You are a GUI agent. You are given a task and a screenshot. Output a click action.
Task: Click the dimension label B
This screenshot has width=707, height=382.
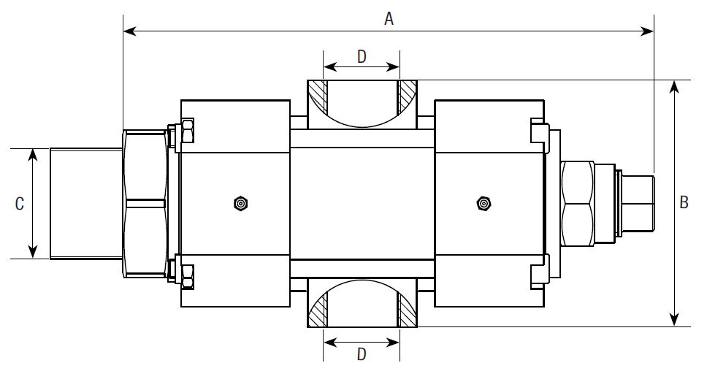(x=684, y=202)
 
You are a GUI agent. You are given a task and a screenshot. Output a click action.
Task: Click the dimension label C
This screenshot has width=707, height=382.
(x=20, y=204)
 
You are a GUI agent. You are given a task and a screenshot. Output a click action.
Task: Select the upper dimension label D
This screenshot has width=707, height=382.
(x=362, y=57)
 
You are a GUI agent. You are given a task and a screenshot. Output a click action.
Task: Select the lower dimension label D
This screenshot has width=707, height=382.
(x=362, y=354)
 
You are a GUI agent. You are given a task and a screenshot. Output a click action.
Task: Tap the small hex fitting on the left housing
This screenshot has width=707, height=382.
(x=240, y=203)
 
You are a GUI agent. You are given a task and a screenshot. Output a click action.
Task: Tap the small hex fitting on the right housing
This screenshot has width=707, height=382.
(x=483, y=203)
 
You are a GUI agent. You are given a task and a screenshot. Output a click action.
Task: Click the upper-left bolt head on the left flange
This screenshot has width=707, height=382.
(x=187, y=134)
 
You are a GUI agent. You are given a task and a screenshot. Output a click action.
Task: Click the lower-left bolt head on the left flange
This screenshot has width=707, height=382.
(x=187, y=272)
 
